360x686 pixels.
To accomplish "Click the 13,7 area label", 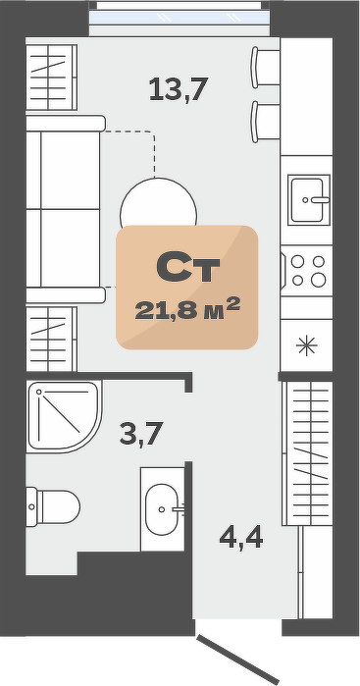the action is tap(178, 89).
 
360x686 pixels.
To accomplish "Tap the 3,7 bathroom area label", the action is tap(141, 433).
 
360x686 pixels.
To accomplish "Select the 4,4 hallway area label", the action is tap(241, 538).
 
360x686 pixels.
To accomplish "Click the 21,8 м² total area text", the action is tap(187, 309).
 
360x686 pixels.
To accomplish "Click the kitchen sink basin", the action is tap(309, 200).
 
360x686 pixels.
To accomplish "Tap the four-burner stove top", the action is tap(307, 270).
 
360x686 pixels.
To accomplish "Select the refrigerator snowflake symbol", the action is tap(307, 345).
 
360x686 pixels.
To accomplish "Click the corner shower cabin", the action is tap(64, 416).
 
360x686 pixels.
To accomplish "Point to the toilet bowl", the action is tap(53, 506).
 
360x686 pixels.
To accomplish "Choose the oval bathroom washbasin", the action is tap(162, 509).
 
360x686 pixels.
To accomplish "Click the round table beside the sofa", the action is tap(158, 202).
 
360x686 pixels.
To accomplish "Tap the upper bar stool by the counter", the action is tap(265, 68).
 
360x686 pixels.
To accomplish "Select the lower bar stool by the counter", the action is tap(265, 122).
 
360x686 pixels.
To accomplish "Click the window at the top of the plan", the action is tap(180, 18).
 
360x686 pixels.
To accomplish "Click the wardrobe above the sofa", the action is tap(52, 77).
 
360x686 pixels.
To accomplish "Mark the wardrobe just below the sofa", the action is tap(52, 339).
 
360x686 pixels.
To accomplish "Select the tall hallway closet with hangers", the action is tap(308, 453).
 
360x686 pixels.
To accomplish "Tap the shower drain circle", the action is tap(39, 393).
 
